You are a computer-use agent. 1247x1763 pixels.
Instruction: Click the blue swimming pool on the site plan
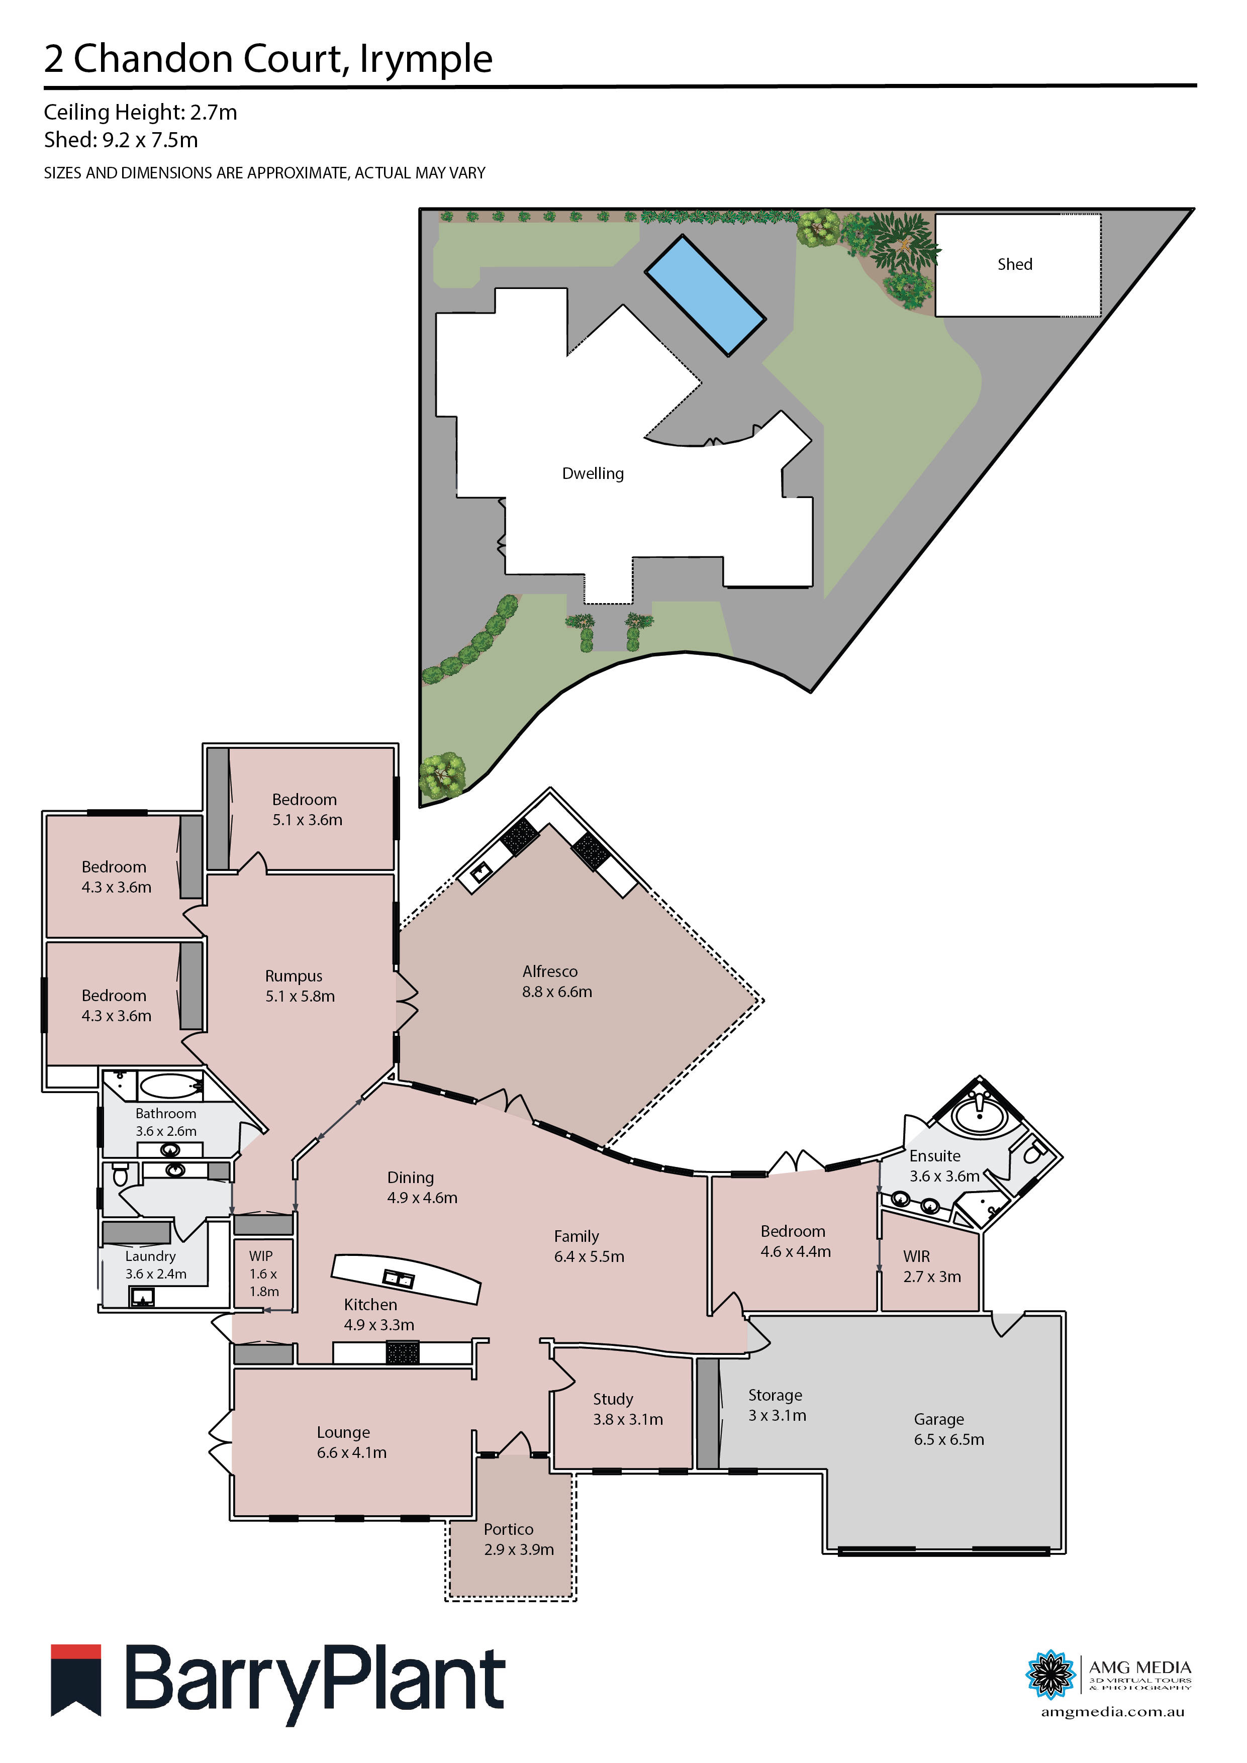pos(705,295)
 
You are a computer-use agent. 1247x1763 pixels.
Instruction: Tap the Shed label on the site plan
pos(1014,264)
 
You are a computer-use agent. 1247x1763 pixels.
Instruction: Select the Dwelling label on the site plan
pos(593,474)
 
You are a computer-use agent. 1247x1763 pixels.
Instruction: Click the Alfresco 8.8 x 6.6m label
pos(557,982)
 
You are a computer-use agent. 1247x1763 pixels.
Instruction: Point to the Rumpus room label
pos(300,986)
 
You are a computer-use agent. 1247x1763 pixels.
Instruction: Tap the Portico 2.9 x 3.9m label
pos(518,1539)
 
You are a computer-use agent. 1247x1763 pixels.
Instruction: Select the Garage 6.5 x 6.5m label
pos(948,1429)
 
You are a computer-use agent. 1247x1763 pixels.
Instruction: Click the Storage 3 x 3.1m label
pos(777,1405)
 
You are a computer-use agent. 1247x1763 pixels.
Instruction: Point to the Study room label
pos(627,1409)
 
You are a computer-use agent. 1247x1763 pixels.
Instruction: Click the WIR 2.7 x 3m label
pos(931,1266)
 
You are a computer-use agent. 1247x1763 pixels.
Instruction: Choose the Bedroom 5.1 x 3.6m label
pos(307,809)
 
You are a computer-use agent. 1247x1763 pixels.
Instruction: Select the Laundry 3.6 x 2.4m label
pos(155,1264)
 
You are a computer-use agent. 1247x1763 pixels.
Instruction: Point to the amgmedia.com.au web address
pos(1112,1712)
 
